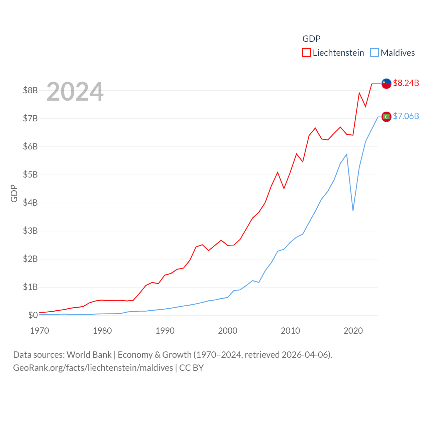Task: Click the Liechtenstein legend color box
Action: pyautogui.click(x=307, y=53)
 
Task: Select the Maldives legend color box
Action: pyautogui.click(x=374, y=53)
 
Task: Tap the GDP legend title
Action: pyautogui.click(x=311, y=39)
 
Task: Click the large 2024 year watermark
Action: pyautogui.click(x=75, y=92)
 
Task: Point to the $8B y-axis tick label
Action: pyautogui.click(x=30, y=90)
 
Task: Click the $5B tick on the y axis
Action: pyautogui.click(x=30, y=175)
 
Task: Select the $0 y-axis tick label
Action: pyautogui.click(x=33, y=315)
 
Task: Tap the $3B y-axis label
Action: pyautogui.click(x=30, y=231)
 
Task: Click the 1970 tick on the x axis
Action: pyautogui.click(x=39, y=331)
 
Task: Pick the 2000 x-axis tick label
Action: pyautogui.click(x=228, y=331)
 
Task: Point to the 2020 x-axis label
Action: pyautogui.click(x=353, y=331)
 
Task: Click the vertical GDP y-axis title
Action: pyautogui.click(x=14, y=193)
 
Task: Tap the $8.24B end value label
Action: pyautogui.click(x=406, y=83)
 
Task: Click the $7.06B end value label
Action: pyautogui.click(x=406, y=116)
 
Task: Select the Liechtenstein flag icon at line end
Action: pyautogui.click(x=387, y=84)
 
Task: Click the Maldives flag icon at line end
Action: pyautogui.click(x=387, y=117)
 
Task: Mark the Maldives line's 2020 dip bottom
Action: pyautogui.click(x=353, y=210)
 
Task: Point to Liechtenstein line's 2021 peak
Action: pyautogui.click(x=359, y=93)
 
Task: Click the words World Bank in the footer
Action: pyautogui.click(x=89, y=354)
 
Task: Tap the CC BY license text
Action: pyautogui.click(x=191, y=368)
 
